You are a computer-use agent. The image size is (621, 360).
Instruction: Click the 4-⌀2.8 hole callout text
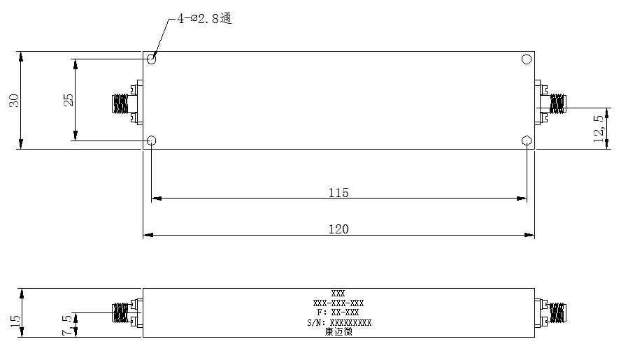coord(204,19)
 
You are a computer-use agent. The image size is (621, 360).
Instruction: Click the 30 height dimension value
coord(14,100)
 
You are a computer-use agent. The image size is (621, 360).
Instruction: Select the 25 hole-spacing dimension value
coord(69,100)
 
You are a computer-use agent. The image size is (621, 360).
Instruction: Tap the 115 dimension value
coord(338,192)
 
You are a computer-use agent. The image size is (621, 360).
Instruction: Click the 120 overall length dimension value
coord(338,229)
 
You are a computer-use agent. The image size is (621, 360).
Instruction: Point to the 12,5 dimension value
coord(599,129)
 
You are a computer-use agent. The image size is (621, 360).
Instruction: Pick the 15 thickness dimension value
coord(15,321)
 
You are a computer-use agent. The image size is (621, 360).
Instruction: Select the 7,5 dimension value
coord(67,325)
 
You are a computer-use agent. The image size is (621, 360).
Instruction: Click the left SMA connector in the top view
coord(127,103)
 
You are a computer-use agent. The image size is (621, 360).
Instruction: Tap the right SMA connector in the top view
coord(550,103)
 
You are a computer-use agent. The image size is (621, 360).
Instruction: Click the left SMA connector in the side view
coord(127,313)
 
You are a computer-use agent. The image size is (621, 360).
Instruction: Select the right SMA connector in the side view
coord(550,313)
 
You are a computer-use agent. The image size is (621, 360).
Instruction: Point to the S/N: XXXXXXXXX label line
coord(339,323)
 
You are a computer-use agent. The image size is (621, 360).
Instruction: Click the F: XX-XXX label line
coord(338,312)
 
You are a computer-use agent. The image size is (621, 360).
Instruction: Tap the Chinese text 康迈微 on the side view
coord(338,332)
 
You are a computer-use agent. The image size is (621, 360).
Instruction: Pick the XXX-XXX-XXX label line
coord(338,303)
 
